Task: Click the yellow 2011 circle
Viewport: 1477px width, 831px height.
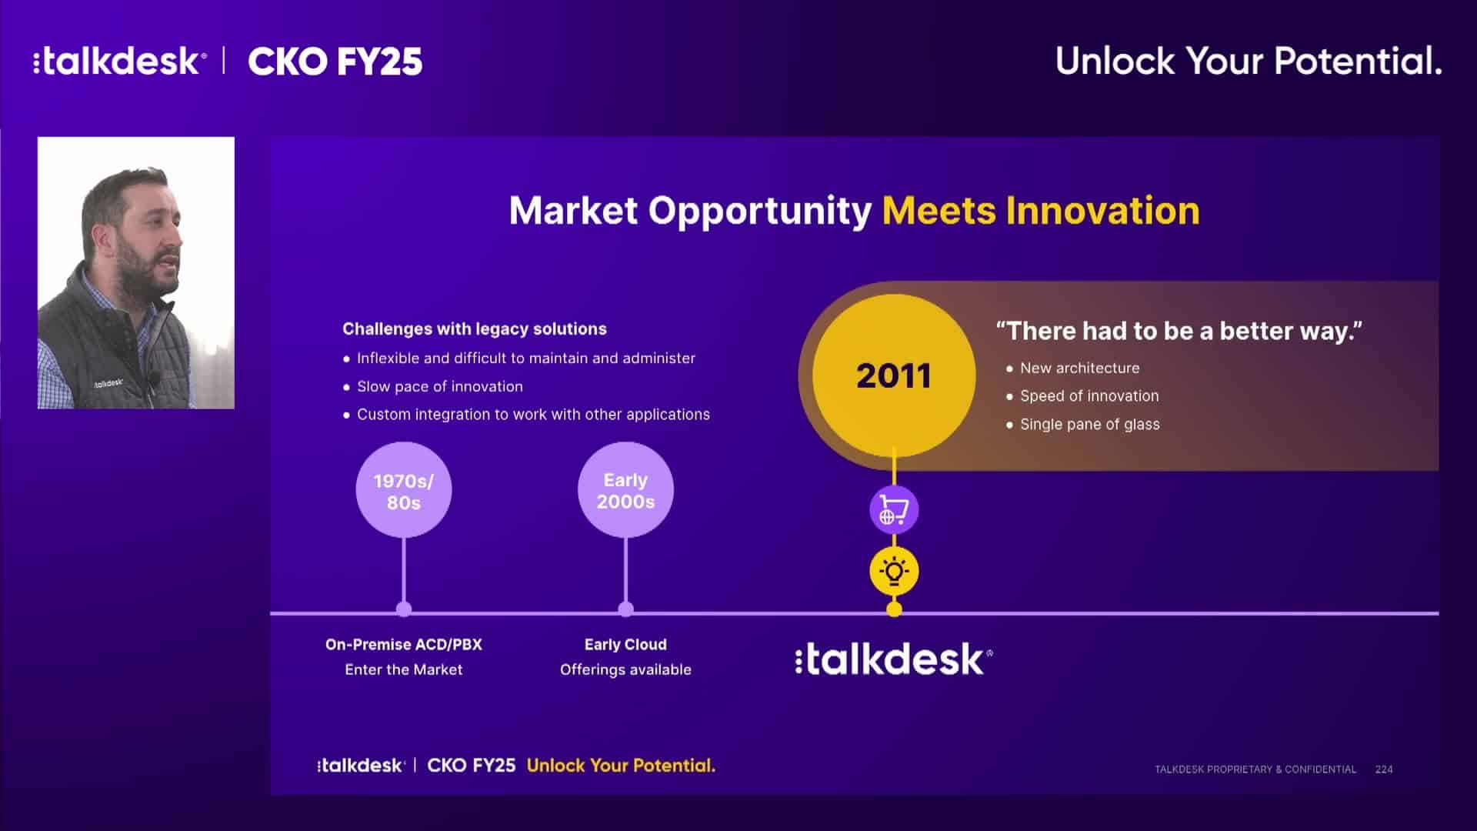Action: pos(894,375)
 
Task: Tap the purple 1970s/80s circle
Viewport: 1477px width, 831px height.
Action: pos(404,490)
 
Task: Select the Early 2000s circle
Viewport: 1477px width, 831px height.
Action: pos(625,490)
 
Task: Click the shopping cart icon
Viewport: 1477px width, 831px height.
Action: pos(894,510)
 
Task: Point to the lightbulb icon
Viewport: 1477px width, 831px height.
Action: pos(894,572)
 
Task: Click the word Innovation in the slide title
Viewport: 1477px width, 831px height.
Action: pos(1102,210)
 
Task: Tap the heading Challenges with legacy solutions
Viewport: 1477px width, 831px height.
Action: pos(475,329)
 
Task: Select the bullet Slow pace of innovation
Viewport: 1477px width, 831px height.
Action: pos(440,386)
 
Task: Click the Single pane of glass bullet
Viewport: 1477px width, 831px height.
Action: pos(1090,424)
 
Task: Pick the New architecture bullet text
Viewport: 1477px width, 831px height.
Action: pos(1080,368)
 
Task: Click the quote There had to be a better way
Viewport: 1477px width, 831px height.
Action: pos(1179,331)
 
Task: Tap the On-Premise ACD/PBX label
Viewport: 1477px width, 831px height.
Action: pos(404,645)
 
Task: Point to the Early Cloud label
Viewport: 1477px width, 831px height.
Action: pos(625,645)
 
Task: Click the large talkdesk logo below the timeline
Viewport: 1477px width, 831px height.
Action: pos(894,659)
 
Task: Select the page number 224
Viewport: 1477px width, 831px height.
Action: pos(1384,769)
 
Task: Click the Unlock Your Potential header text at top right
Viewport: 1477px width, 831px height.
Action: pos(1249,61)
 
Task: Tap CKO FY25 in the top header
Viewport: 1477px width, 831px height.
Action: pos(335,62)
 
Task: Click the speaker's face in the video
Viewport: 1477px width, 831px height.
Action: pos(146,239)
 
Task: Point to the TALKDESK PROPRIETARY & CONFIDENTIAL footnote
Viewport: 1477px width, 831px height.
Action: pos(1255,769)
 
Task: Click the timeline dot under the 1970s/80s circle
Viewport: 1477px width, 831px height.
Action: pos(404,609)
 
